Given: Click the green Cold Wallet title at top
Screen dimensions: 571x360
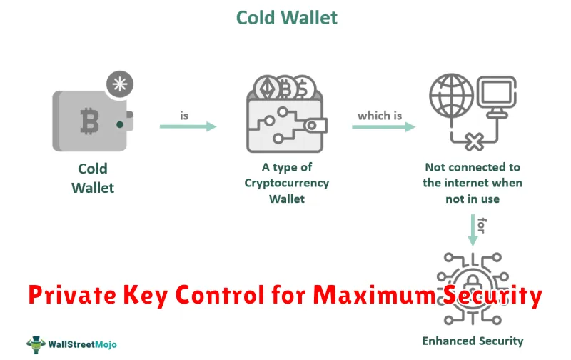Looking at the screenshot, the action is point(287,17).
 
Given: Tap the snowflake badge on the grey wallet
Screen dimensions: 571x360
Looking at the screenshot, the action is point(120,84).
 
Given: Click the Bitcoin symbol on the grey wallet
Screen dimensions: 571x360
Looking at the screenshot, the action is point(90,121).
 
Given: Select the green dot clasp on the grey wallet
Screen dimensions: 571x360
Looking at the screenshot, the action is point(120,124).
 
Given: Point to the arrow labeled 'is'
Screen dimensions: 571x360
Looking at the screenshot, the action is point(188,126).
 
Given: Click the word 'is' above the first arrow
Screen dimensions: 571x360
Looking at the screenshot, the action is point(184,116).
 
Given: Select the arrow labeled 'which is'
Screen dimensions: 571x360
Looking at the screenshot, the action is point(383,126).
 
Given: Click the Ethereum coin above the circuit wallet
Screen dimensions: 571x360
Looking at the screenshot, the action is point(267,87).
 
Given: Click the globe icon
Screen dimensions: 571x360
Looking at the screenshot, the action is point(452,96).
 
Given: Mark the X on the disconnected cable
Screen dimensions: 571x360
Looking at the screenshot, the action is point(474,142).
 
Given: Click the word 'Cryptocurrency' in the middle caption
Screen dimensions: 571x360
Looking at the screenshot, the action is point(287,183).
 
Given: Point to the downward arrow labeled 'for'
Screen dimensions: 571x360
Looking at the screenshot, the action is point(473,230).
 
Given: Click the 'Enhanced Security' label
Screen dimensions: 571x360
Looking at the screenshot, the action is point(473,341).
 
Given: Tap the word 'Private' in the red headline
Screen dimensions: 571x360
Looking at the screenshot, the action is point(72,294).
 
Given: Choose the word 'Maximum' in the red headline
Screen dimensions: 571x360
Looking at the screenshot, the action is point(374,294).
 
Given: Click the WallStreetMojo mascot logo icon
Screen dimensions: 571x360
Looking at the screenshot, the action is point(36,344).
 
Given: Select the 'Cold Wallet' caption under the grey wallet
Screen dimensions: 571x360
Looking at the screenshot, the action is point(93,178).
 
